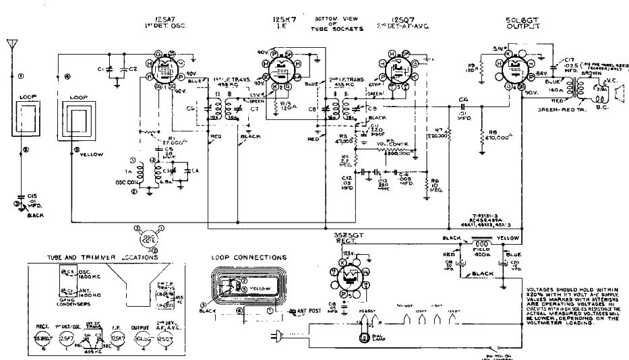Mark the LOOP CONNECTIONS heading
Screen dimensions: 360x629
click(249, 257)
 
